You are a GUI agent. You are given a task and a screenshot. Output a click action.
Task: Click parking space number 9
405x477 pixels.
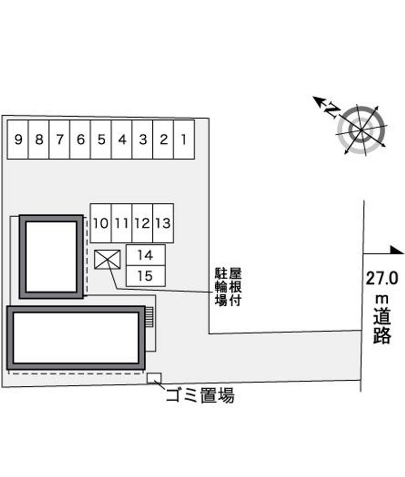[18, 139]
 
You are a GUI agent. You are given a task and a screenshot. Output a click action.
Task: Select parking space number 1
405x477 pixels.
[184, 139]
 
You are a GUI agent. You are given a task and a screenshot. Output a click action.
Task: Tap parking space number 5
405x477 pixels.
[101, 139]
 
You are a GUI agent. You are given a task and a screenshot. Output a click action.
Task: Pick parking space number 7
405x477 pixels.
[60, 139]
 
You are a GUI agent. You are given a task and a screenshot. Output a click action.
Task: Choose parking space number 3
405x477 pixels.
[143, 139]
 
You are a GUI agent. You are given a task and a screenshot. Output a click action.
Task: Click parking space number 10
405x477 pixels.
[101, 223]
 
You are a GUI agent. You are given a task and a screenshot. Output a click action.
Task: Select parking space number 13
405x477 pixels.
[164, 223]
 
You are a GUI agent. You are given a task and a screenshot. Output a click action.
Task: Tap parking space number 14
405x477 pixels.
[146, 255]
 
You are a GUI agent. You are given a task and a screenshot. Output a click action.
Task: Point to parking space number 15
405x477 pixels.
[146, 276]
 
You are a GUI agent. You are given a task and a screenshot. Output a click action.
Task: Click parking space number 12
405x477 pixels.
[142, 223]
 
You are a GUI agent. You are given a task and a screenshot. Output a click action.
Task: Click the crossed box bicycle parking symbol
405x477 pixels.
[107, 259]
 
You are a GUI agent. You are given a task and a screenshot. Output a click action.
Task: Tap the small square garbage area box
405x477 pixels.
[154, 378]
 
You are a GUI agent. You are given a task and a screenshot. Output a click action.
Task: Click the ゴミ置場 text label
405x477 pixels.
[200, 395]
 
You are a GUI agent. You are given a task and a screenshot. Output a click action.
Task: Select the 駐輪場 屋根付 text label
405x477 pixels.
[228, 287]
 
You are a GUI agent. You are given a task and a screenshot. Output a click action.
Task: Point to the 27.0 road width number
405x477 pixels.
[382, 278]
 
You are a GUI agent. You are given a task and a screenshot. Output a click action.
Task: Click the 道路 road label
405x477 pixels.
[382, 326]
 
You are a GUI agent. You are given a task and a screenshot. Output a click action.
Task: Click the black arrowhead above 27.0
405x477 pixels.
[397, 250]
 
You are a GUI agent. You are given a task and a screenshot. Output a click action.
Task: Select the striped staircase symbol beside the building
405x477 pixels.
[149, 317]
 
